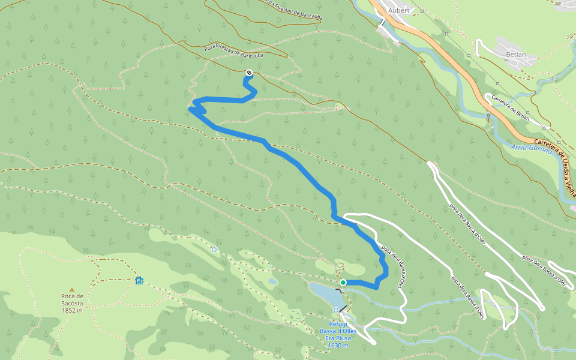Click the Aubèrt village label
pyautogui.click(x=398, y=10)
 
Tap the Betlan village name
pyautogui.click(x=516, y=55)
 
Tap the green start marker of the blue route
pyautogui.click(x=343, y=282)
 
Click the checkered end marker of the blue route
pyautogui.click(x=248, y=73)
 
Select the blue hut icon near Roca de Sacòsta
pyautogui.click(x=139, y=280)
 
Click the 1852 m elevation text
pyautogui.click(x=71, y=310)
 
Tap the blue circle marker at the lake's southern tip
pyautogui.click(x=336, y=310)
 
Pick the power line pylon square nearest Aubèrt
pyautogui.click(x=422, y=11)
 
